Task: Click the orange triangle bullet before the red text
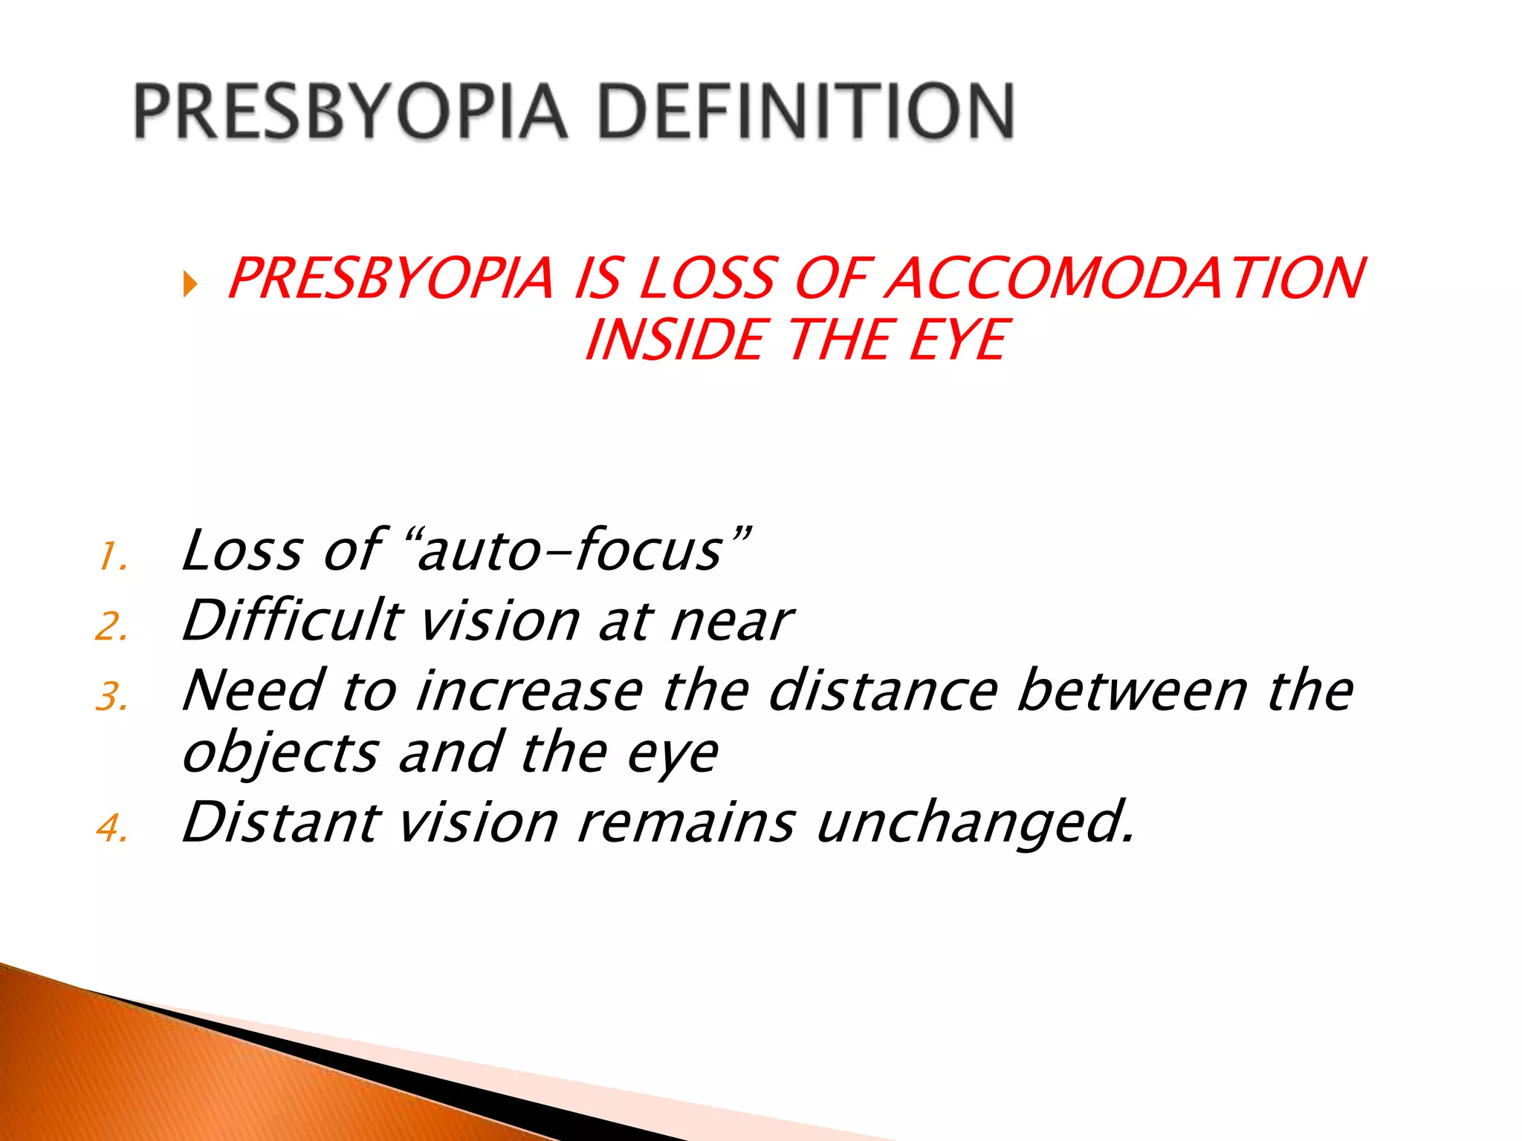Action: click(x=190, y=283)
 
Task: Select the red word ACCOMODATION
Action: click(x=1125, y=279)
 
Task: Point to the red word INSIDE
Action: click(x=675, y=340)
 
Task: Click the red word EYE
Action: click(x=958, y=340)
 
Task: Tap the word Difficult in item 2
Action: click(x=293, y=620)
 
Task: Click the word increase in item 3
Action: click(x=529, y=691)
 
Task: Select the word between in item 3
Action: click(x=1132, y=691)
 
